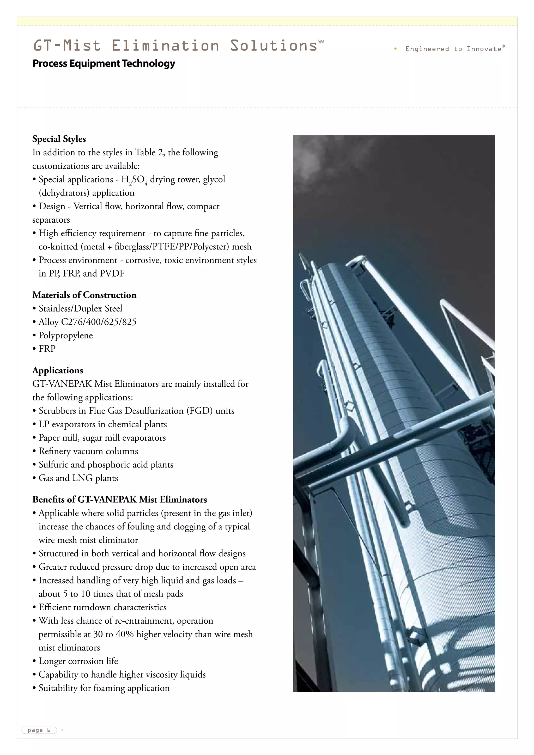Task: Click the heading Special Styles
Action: click(x=59, y=139)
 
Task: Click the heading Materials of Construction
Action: click(x=84, y=295)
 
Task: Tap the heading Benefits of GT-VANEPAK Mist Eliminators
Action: click(x=120, y=500)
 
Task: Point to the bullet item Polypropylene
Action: click(x=65, y=336)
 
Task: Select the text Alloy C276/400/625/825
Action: click(x=87, y=322)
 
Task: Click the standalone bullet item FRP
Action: click(x=47, y=349)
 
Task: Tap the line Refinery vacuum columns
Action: click(x=88, y=451)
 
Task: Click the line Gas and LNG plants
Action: click(x=78, y=478)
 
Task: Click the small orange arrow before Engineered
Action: click(x=395, y=49)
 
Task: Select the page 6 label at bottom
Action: click(x=39, y=730)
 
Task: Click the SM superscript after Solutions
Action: click(x=321, y=41)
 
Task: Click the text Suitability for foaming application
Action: click(x=104, y=688)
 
